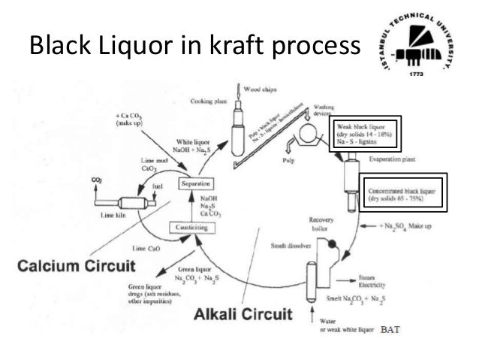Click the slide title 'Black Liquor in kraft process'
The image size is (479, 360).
pos(191,47)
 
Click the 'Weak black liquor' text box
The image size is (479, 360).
pos(366,134)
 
